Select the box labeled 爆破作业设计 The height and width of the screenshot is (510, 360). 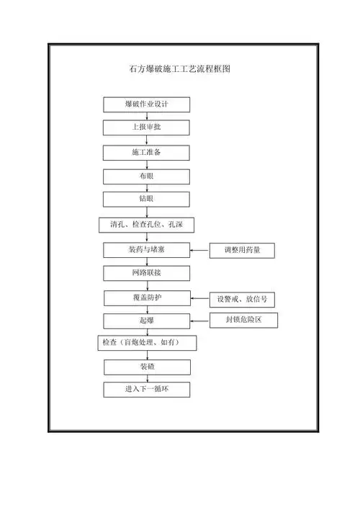147,104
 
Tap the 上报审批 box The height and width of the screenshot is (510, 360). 147,127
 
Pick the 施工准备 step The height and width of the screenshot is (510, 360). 147,153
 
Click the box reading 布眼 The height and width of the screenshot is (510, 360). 147,176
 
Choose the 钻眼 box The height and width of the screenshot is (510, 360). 147,199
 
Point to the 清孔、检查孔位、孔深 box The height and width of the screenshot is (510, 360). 147,225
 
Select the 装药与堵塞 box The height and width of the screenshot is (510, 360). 147,251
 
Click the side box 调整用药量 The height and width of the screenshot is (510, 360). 243,251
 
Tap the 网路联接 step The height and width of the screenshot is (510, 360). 147,273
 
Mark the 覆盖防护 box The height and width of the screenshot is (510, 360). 147,297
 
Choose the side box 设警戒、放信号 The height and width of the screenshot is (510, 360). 243,299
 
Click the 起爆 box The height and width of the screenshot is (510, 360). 147,321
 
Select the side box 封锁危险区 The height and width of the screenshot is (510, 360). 243,320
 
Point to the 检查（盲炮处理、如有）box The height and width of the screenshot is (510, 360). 147,344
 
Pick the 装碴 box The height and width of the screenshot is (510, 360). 147,367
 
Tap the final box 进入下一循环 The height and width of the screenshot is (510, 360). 147,390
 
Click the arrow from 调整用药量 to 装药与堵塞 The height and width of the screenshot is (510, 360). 200,251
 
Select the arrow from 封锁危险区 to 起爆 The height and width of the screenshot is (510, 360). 200,320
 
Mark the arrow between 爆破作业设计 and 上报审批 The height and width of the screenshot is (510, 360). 147,116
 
